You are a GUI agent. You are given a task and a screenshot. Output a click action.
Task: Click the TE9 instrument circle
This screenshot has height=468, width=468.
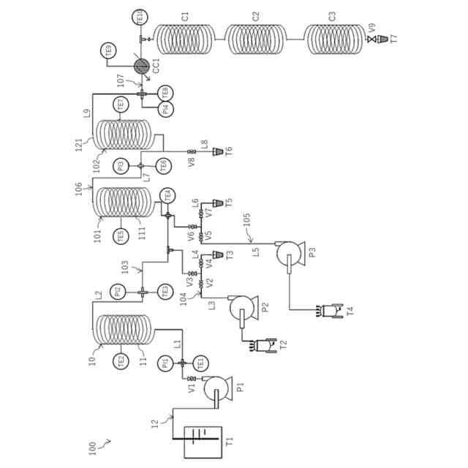point(110,50)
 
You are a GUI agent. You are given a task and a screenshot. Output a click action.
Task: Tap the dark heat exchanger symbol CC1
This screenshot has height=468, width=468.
point(141,66)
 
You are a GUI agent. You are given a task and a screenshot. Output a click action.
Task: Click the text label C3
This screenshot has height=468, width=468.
point(332,16)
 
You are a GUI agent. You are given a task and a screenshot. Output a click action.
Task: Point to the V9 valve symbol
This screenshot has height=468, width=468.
point(371,38)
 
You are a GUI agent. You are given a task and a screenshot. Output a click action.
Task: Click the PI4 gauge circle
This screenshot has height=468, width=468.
point(166,110)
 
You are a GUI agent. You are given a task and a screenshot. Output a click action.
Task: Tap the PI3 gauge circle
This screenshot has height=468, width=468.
point(122,165)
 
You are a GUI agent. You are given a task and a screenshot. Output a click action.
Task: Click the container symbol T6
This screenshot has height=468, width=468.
point(218,151)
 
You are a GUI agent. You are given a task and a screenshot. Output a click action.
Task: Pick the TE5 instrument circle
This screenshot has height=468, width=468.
point(121,235)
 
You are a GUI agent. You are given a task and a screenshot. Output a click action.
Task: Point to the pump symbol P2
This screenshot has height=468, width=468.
point(244,307)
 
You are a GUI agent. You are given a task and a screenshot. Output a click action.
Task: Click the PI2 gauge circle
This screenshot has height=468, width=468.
point(121,291)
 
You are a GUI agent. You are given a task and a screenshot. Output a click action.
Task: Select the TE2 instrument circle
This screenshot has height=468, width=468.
point(121,361)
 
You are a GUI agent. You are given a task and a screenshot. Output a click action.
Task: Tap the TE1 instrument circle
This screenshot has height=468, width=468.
point(199,362)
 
